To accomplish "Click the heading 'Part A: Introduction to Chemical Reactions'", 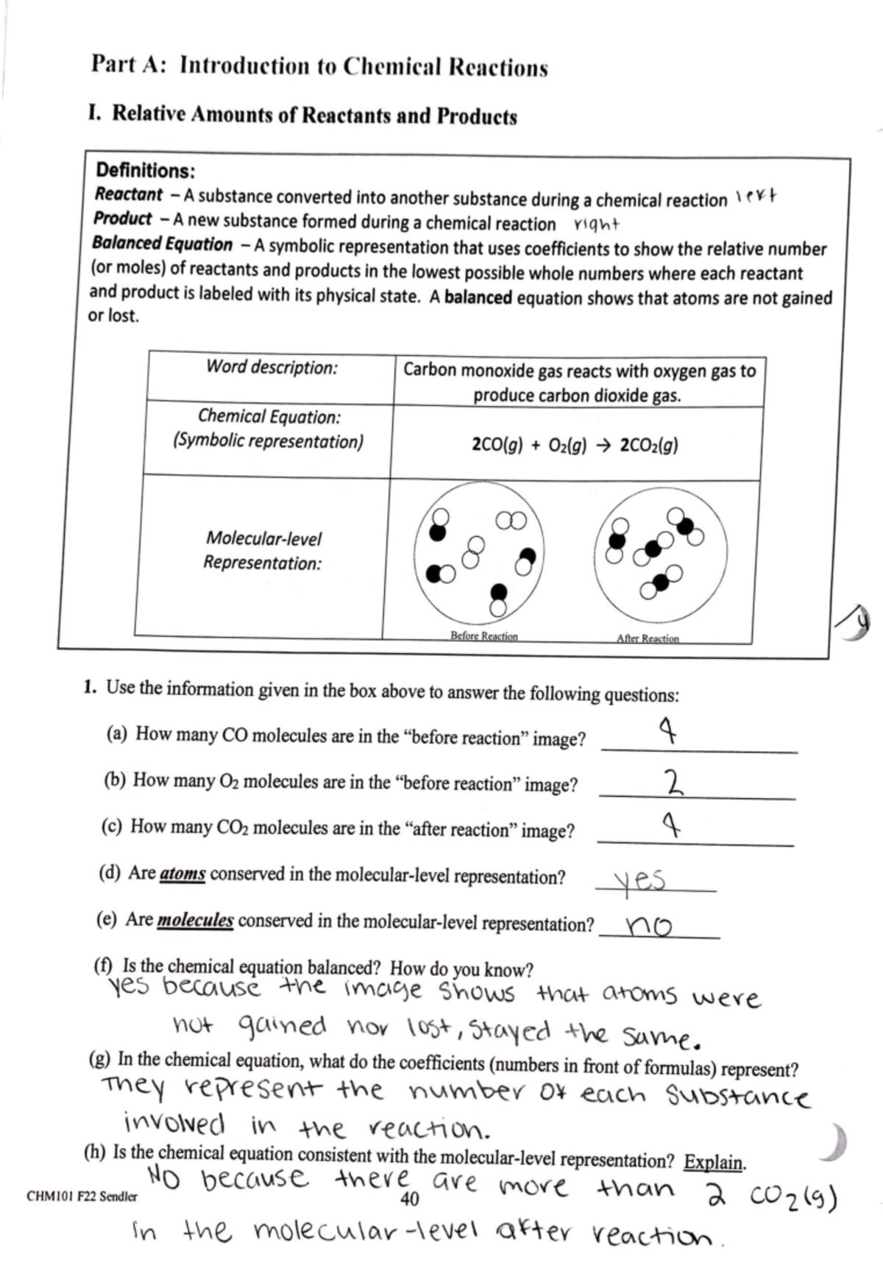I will point(319,66).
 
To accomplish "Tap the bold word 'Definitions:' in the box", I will point(145,171).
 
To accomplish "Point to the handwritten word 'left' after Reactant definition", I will point(757,199).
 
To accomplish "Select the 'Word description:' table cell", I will point(272,367).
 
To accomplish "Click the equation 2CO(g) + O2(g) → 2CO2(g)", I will point(575,445).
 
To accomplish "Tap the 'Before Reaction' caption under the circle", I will point(483,636).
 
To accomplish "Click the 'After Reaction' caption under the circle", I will point(648,638).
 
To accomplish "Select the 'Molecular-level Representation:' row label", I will point(263,551).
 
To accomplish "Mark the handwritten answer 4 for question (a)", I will point(668,731).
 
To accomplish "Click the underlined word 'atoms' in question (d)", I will point(182,874).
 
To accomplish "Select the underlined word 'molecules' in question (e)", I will point(195,921).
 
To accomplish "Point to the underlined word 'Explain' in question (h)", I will point(713,1162).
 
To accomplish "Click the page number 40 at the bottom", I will point(409,1200).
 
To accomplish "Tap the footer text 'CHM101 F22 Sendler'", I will point(82,1197).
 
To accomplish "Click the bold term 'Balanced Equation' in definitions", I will point(163,243).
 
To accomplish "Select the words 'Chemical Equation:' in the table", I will point(269,417).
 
